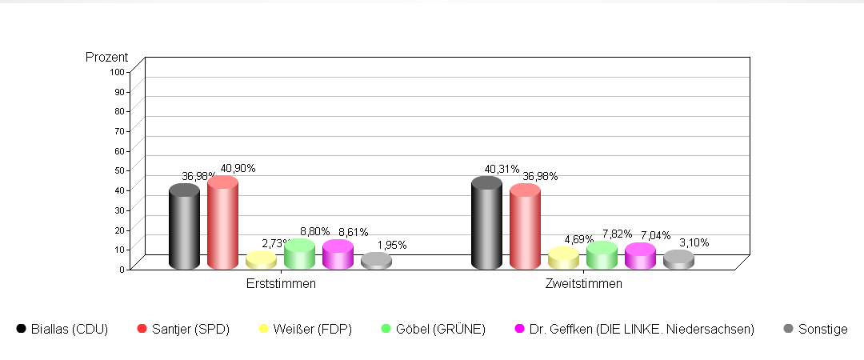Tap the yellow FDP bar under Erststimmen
[x=261, y=260]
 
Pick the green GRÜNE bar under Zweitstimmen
[x=602, y=256]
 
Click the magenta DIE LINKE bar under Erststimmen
[x=338, y=254]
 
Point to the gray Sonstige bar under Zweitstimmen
[x=678, y=259]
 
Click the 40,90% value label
[x=238, y=169]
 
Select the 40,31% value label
[x=502, y=170]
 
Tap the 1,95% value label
[x=391, y=245]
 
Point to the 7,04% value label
[x=655, y=236]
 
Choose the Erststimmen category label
[x=281, y=284]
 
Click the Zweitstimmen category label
[x=583, y=284]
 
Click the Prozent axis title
[x=106, y=58]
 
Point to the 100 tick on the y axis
[x=118, y=72]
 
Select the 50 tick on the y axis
[x=119, y=170]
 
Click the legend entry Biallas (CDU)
[x=69, y=329]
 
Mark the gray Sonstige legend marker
[x=788, y=328]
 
